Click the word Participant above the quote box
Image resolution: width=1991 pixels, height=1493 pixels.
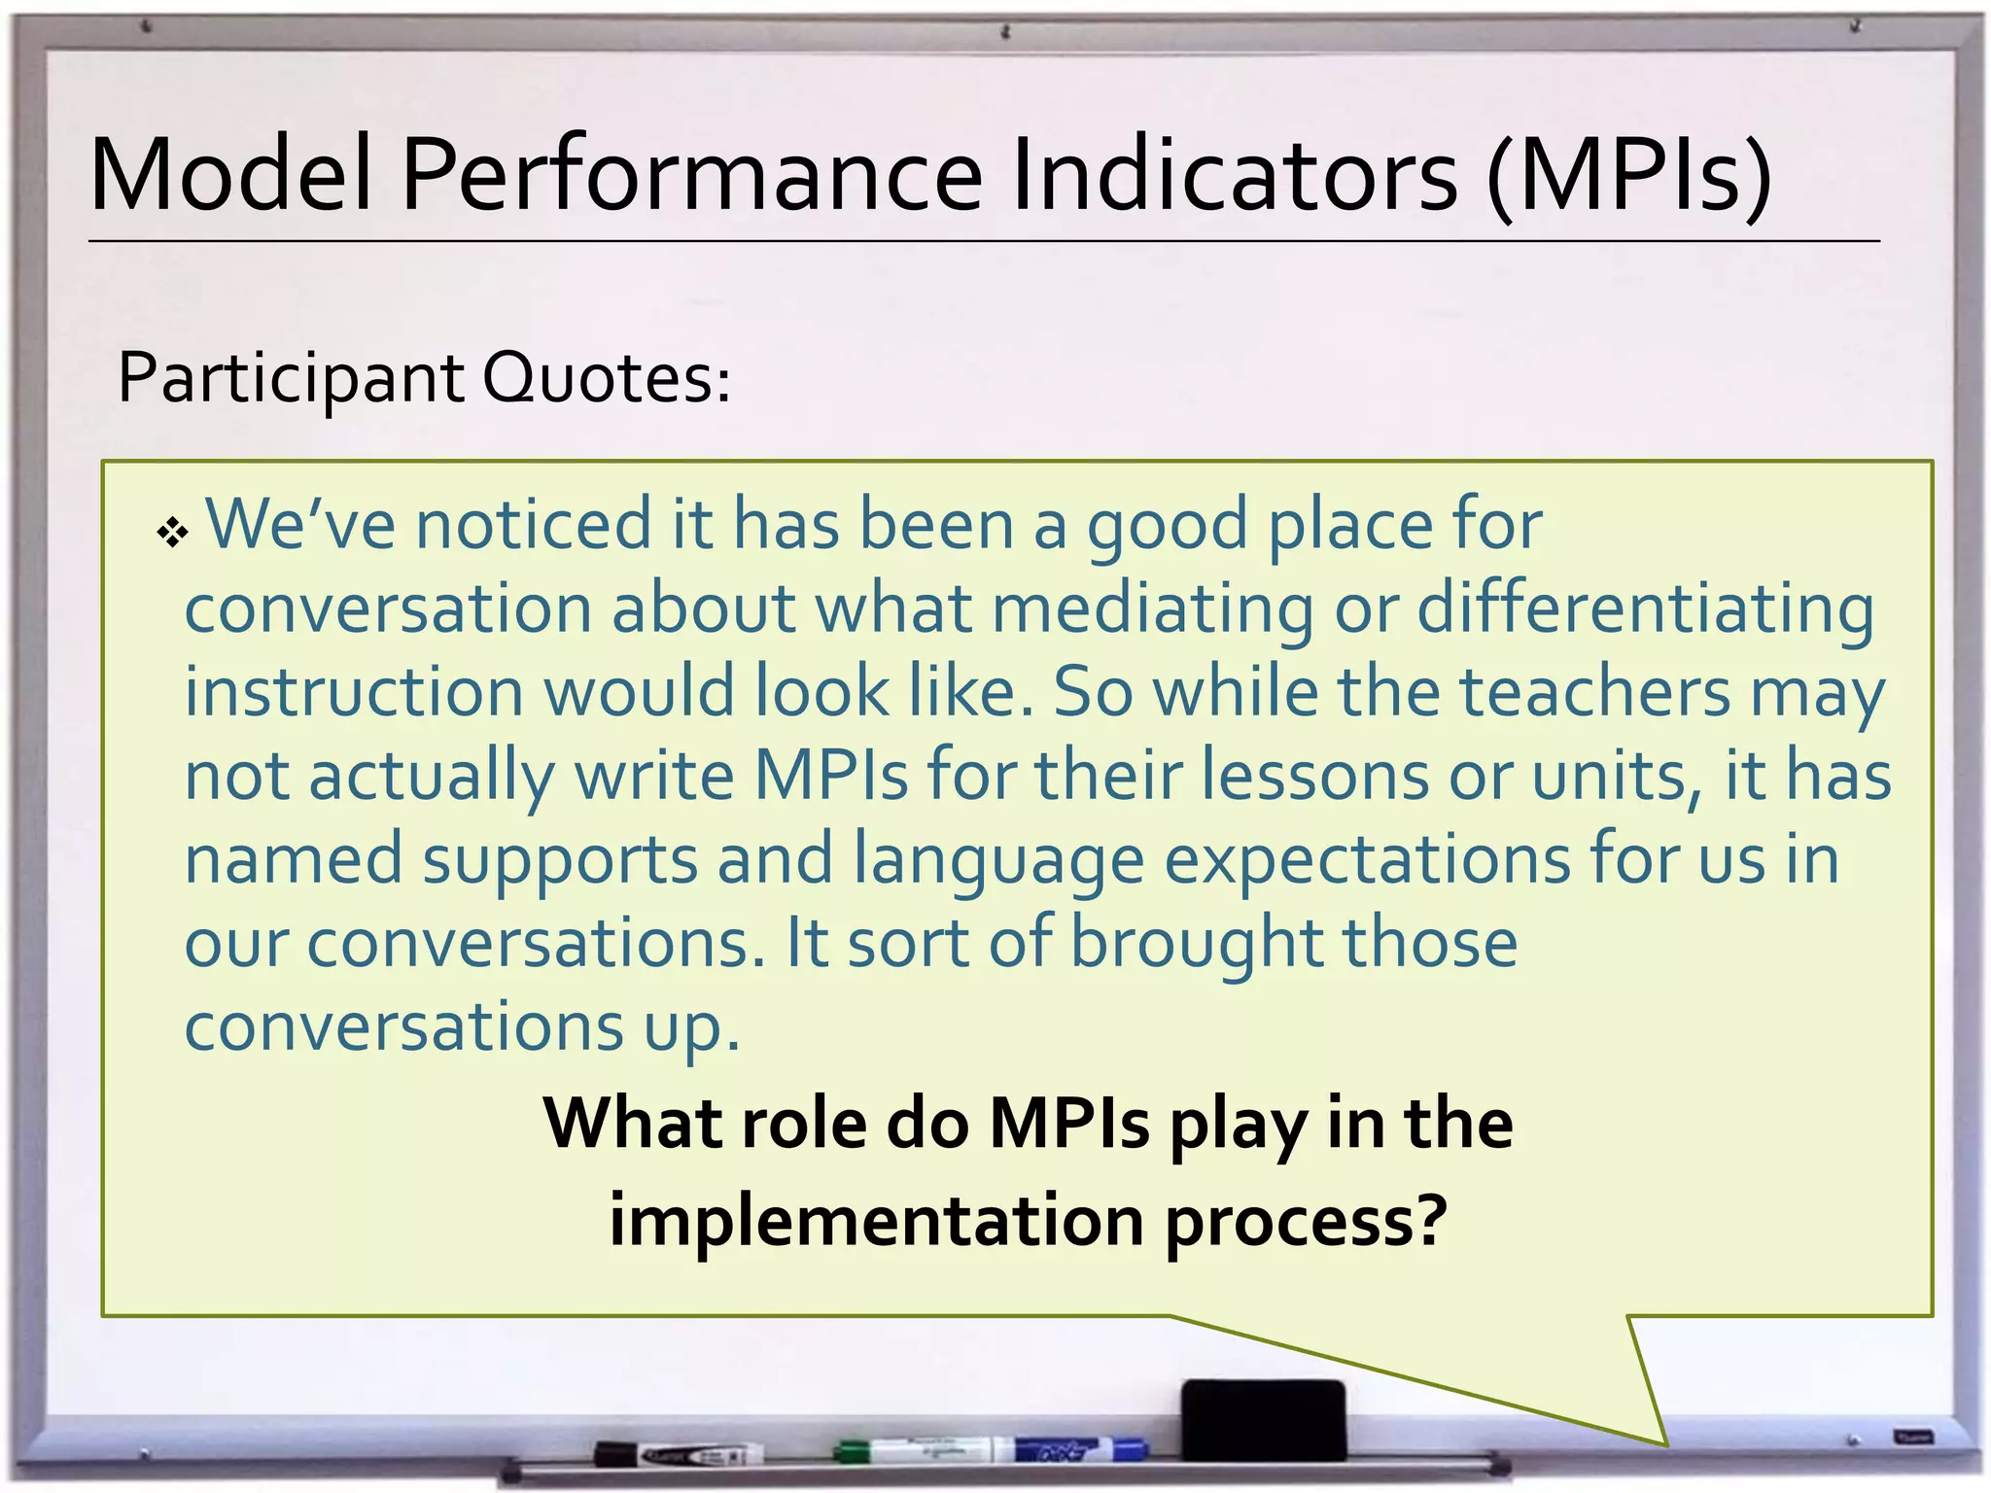tap(291, 379)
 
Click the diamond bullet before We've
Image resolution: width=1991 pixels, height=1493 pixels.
tap(172, 532)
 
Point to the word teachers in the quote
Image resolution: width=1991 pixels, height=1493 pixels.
tap(1595, 692)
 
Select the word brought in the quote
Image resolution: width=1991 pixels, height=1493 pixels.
tap(1195, 944)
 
